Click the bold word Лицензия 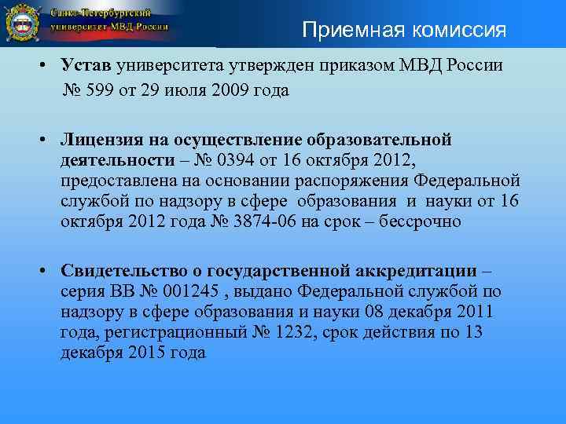coord(103,140)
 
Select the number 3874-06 coord(268,221)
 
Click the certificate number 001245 coord(189,292)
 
